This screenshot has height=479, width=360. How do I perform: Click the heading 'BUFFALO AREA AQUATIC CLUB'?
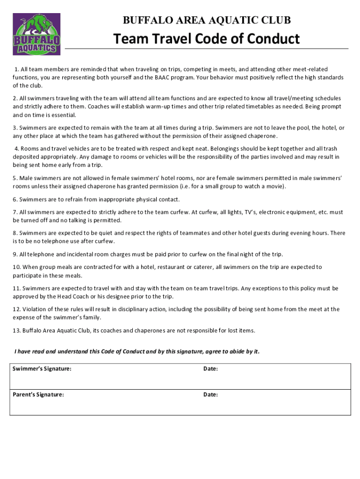click(x=206, y=20)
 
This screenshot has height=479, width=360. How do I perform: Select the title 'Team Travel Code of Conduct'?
click(x=206, y=39)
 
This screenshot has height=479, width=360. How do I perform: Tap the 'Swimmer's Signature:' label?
click(x=42, y=369)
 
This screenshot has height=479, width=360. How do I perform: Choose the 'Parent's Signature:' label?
click(x=38, y=394)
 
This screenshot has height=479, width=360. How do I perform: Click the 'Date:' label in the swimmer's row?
click(x=210, y=369)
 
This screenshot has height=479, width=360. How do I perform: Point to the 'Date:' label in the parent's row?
click(x=210, y=394)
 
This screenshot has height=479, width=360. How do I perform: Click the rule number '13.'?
click(x=17, y=330)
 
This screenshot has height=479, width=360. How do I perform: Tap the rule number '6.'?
click(x=15, y=199)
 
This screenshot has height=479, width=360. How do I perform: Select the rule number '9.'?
click(x=15, y=254)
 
